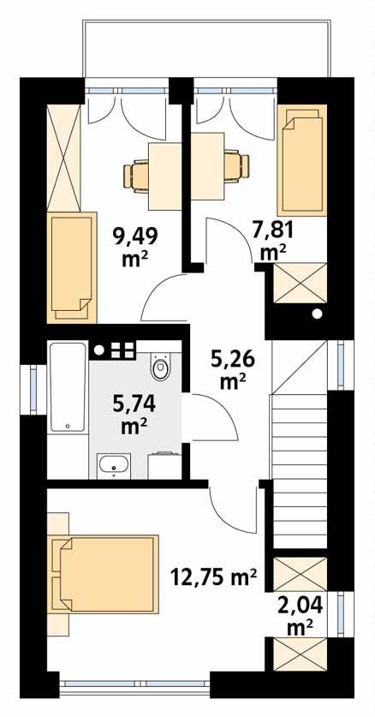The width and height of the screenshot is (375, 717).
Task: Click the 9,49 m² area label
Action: click(x=131, y=245)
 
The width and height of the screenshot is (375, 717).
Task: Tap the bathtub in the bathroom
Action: click(x=68, y=387)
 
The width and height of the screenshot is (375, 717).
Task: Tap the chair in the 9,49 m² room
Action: click(x=137, y=175)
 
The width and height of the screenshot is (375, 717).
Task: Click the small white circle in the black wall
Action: click(x=318, y=314)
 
